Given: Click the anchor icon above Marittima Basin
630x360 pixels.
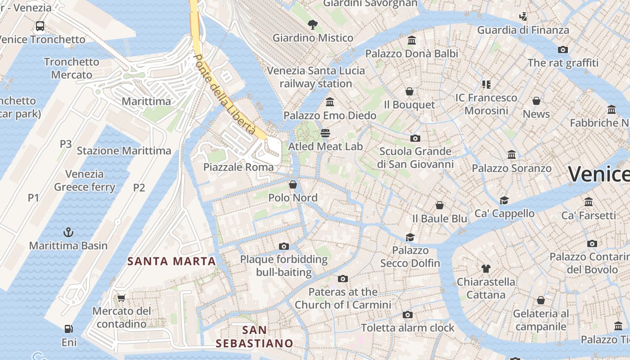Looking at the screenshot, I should pos(68,232).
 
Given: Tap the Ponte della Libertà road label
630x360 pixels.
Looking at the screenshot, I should pos(225,95).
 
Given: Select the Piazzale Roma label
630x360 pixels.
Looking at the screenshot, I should pos(238,167).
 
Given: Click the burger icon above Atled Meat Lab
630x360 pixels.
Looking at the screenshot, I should pos(325,133).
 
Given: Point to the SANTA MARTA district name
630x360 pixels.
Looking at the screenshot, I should pos(171,261).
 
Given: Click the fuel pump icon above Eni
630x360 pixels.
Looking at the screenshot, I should pos(68,329).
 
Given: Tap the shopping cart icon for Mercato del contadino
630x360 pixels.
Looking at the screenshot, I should pos(121,297).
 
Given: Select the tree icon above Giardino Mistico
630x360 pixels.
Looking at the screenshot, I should pos(312,24).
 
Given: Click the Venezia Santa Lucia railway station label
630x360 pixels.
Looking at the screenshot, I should pos(316,77).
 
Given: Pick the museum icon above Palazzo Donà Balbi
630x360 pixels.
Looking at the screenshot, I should pos(411,40).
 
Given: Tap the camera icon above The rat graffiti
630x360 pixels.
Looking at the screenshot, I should pos(562,49).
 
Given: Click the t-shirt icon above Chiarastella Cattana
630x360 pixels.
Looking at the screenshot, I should pos(486,269).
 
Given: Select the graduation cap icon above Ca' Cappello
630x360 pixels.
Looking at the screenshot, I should pos(504,200).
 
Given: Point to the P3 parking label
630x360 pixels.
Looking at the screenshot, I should pos(66,144).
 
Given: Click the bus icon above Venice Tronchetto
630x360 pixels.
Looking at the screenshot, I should pos(40,26).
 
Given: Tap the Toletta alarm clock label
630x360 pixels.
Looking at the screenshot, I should pos(408,328).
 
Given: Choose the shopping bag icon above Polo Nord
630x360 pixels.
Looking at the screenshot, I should pos(292,184).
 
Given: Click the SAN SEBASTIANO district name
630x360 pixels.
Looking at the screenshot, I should pos(254,337).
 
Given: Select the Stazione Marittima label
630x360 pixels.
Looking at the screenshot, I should pos(124,151).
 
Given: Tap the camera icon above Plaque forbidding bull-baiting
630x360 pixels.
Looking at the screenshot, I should pos(283,246).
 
